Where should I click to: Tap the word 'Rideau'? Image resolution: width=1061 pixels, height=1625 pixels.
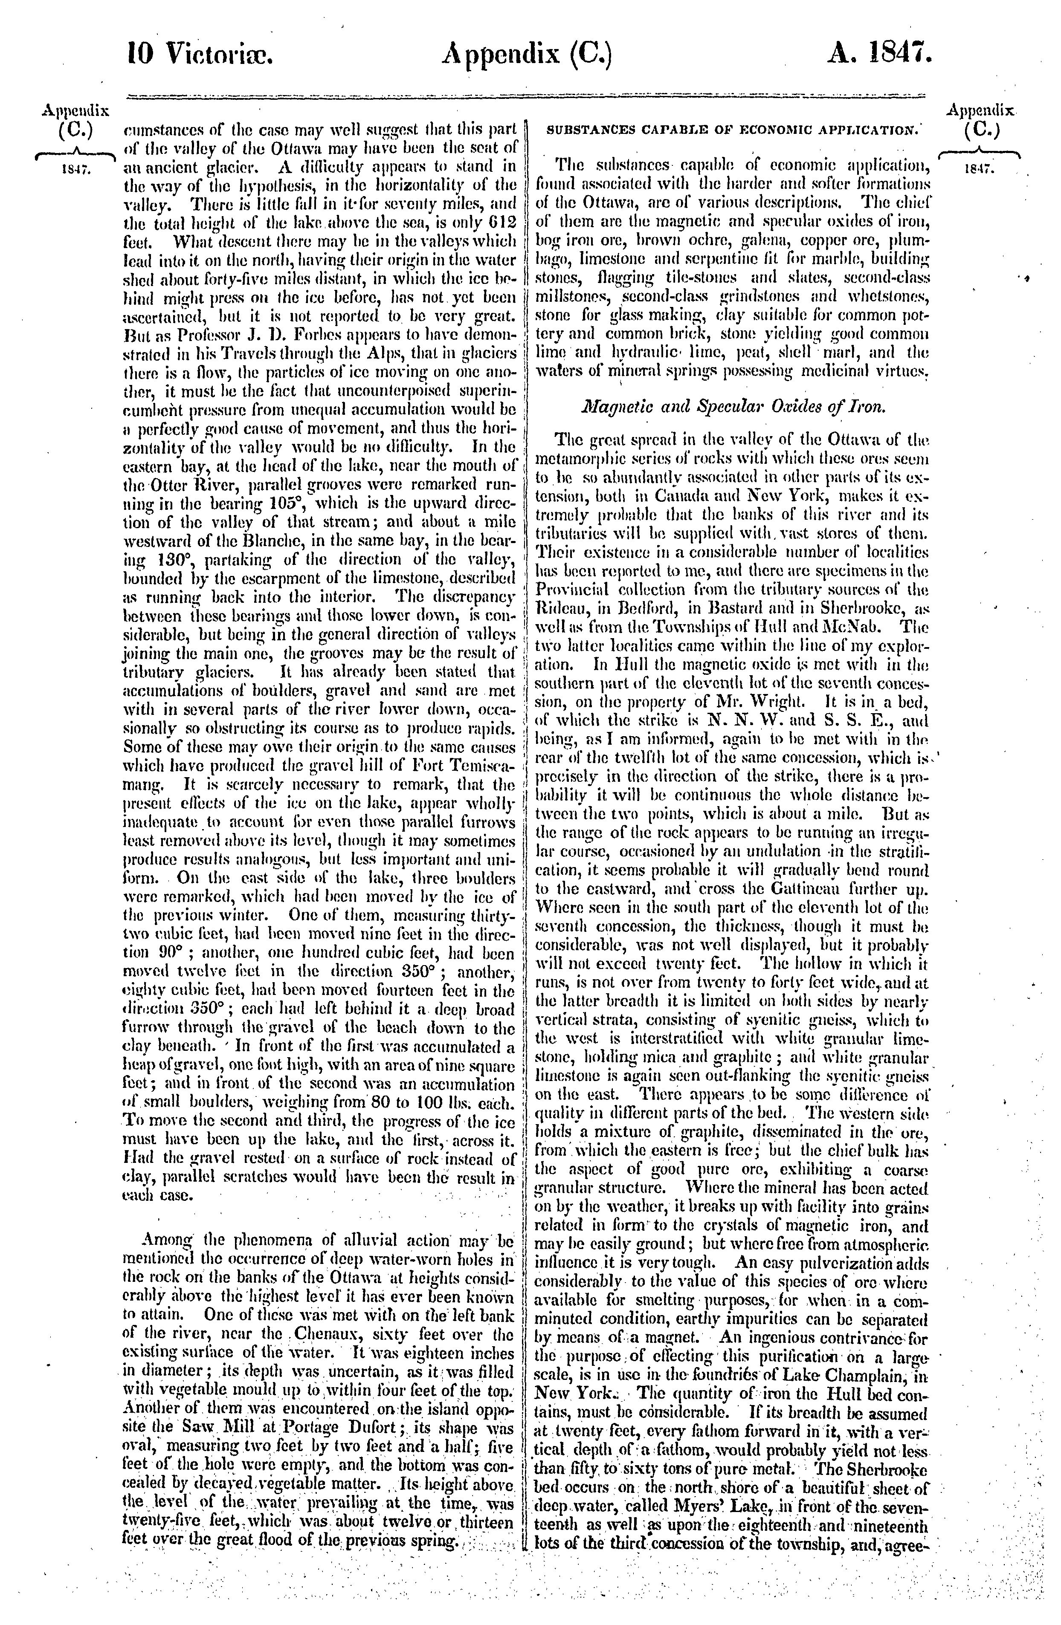click(560, 606)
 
